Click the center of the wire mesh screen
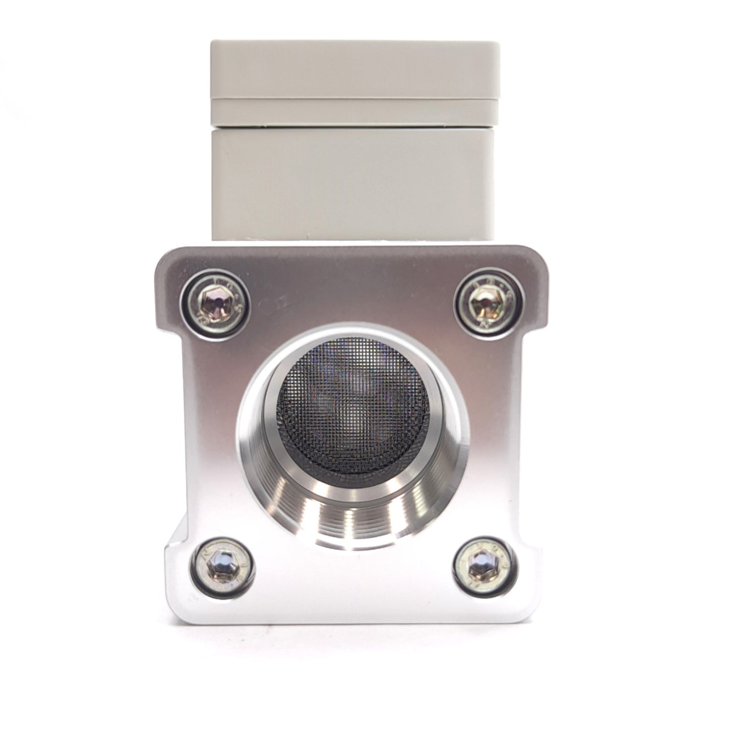[x=354, y=404]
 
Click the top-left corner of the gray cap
[x=212, y=43]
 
